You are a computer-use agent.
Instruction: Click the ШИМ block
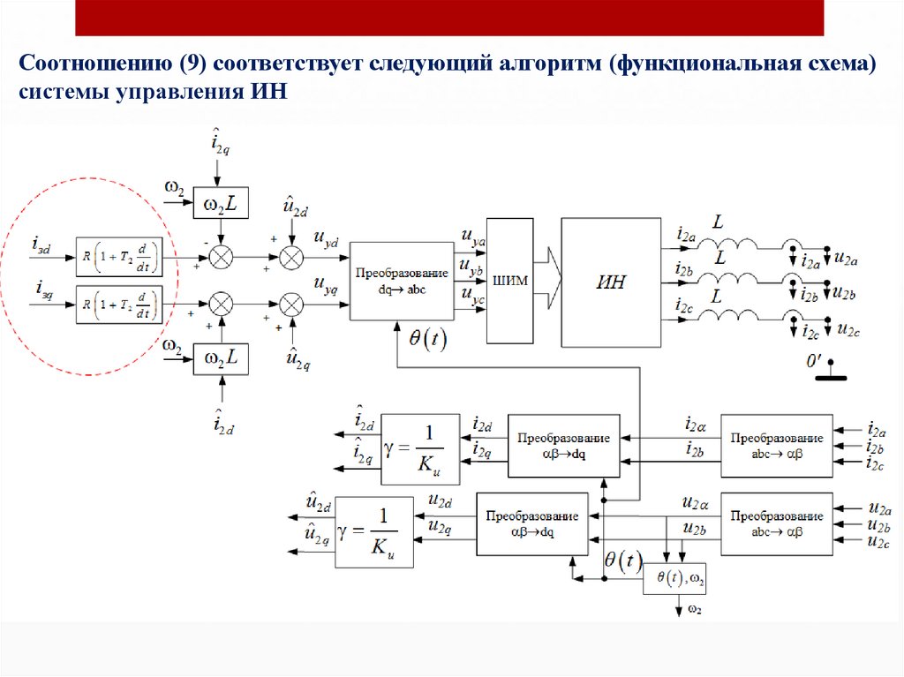pos(510,281)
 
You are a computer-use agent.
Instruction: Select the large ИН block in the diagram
pos(612,282)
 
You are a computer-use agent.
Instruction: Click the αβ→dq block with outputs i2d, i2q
pos(564,446)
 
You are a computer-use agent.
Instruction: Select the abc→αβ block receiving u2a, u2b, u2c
pos(776,523)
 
